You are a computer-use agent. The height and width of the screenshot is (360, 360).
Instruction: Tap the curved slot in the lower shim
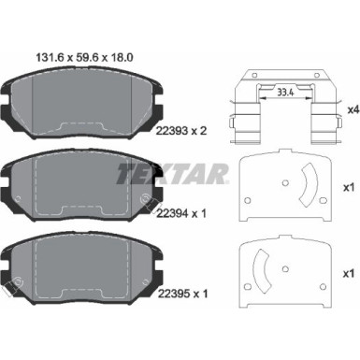click(x=265, y=272)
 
